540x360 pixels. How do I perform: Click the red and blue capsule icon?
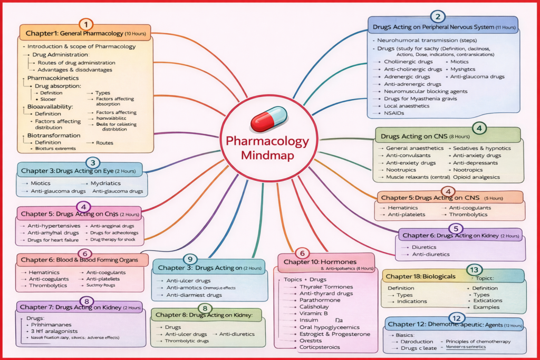point(268,120)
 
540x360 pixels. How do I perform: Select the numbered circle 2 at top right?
point(437,16)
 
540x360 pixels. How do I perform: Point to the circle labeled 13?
point(473,269)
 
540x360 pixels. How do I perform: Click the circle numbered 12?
point(456,318)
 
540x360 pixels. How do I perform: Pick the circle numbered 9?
point(190,259)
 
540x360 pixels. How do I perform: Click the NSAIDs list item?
point(396,113)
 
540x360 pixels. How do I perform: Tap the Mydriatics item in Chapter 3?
point(106,183)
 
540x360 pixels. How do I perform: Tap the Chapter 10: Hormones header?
point(320,262)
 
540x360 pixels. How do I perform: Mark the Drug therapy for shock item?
point(113,240)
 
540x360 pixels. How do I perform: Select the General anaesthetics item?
point(414,148)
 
